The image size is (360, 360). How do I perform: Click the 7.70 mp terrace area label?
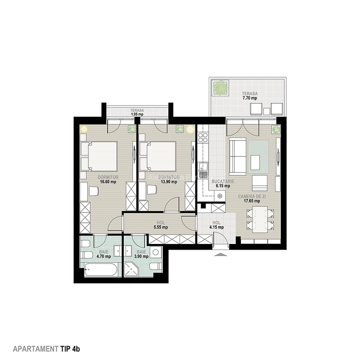pos(249,96)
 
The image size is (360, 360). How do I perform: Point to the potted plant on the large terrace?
pos(220,88)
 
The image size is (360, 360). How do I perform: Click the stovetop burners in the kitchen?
pos(203,138)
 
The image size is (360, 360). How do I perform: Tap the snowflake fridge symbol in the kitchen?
pos(219,196)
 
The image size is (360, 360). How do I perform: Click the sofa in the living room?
pos(237,156)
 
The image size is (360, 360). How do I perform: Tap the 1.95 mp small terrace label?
pos(137,112)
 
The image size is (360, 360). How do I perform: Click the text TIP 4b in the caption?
pos(70,349)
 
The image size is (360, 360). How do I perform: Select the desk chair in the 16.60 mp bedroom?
pos(93,191)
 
